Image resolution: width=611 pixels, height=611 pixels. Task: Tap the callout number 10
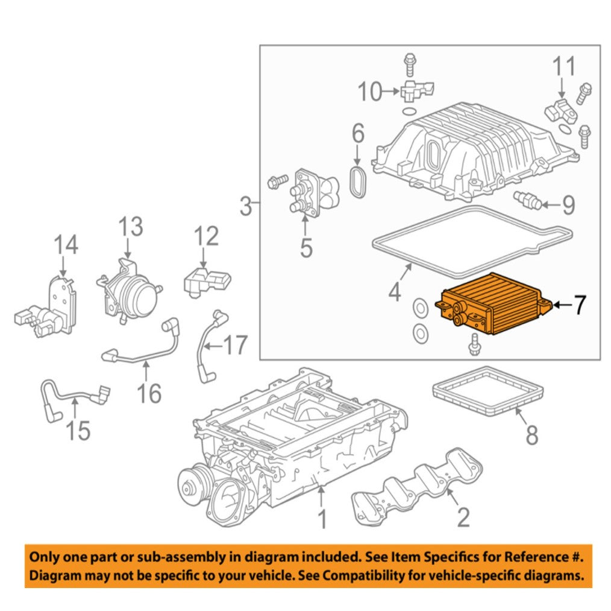pos(371,92)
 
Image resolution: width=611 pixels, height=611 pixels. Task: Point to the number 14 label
pos(66,246)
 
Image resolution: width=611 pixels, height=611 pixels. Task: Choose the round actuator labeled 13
pos(134,293)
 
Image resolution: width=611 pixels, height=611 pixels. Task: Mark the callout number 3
pos(246,207)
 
